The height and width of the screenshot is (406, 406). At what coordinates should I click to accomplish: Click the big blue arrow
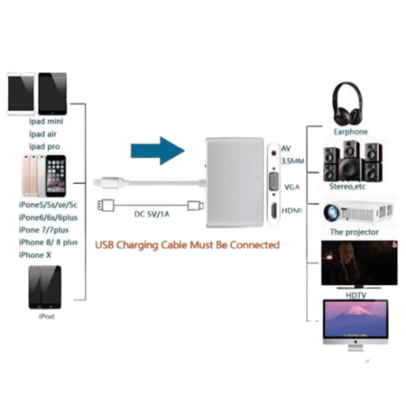pos(158,151)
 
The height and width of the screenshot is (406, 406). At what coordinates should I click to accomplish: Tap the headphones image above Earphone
pos(347,104)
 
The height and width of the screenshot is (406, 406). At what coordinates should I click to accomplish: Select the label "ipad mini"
pos(46,122)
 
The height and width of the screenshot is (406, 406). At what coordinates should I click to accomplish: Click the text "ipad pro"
pos(44,147)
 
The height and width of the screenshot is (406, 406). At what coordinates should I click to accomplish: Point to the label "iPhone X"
pos(35,255)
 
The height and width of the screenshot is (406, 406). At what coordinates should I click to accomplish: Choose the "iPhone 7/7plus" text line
pos(43,230)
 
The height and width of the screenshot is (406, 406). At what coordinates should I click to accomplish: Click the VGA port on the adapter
pos(273,181)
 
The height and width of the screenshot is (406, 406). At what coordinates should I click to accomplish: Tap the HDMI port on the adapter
pos(274,210)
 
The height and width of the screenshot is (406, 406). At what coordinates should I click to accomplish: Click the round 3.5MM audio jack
pos(273,152)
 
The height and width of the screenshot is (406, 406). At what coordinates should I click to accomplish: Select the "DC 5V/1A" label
pos(152,214)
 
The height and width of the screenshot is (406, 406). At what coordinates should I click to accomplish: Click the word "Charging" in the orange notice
pos(137,245)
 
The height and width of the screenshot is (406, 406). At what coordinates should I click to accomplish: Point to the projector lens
pos(331,213)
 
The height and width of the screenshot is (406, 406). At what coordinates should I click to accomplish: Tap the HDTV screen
pos(359,263)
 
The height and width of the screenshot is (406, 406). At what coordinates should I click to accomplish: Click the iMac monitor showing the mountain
pos(355,319)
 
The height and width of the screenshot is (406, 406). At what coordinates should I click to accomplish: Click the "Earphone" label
pos(351,132)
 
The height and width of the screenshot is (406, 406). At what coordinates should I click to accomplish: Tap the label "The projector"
pos(355,232)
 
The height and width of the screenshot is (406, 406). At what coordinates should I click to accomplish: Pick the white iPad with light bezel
pos(21,94)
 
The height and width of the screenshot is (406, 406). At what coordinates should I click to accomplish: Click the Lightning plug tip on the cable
pos(97,182)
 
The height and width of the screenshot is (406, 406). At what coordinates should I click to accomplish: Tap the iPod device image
pos(45,287)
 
